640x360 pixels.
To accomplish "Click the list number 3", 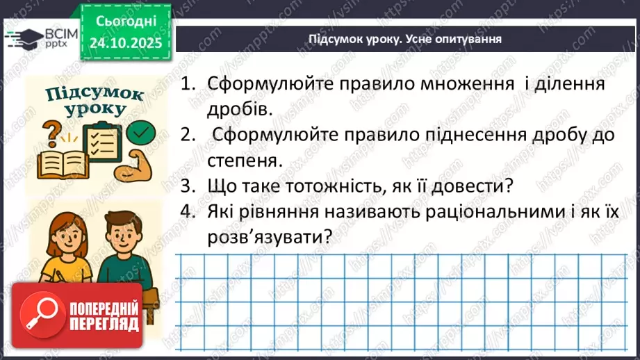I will click(x=186, y=186).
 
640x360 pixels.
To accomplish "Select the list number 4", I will click(x=186, y=211).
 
